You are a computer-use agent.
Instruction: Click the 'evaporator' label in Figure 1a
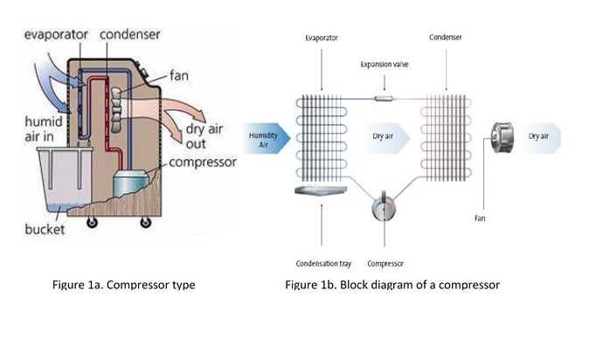[56, 35]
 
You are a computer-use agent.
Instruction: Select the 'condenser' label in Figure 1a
[129, 35]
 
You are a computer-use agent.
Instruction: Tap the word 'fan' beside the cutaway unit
[179, 75]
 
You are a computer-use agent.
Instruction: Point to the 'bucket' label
[45, 229]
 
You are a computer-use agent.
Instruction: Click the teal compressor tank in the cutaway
[131, 182]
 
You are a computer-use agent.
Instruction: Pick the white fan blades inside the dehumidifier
[117, 109]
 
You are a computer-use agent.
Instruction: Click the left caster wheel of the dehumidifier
[93, 222]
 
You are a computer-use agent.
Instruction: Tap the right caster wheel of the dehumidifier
[145, 222]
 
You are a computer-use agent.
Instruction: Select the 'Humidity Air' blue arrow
[267, 139]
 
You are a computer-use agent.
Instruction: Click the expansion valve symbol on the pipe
[385, 99]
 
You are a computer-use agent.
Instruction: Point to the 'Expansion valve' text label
[385, 65]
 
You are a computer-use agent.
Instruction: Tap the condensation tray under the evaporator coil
[321, 190]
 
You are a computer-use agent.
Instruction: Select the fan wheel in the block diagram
[503, 137]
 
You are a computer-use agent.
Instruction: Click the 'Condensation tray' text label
[323, 264]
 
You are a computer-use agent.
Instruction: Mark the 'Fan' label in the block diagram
[480, 218]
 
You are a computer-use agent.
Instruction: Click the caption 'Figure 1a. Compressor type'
[124, 285]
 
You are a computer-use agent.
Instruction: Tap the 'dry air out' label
[204, 136]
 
